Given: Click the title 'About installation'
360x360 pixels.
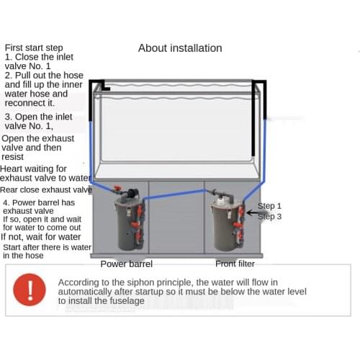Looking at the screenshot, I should [x=180, y=48].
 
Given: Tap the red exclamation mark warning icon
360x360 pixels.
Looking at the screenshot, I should [x=30, y=289].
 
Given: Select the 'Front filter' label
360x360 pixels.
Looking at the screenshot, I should [x=235, y=264].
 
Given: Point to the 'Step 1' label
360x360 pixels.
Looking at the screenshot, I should [x=270, y=206].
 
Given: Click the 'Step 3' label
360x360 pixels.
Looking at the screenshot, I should [x=270, y=216].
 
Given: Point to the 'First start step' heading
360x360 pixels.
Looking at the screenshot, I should [x=34, y=48].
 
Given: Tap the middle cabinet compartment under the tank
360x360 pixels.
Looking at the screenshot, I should [x=176, y=223].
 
